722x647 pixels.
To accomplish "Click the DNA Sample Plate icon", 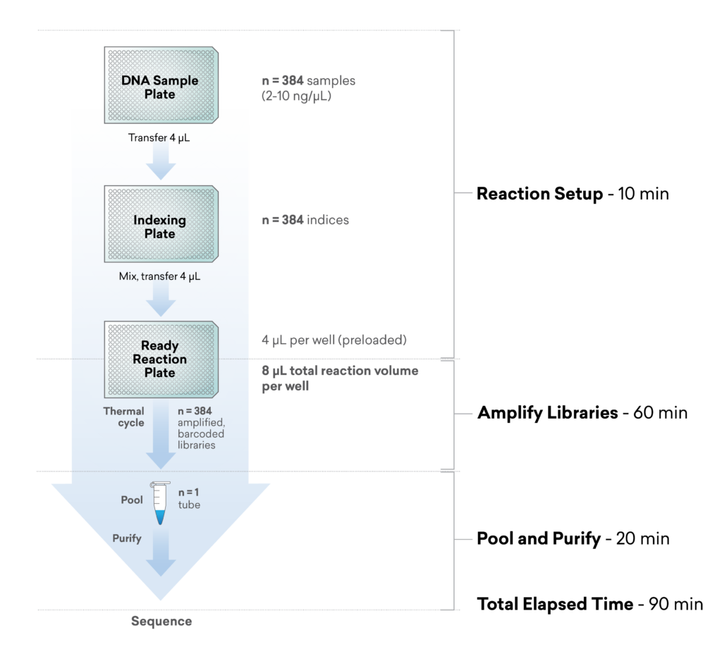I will coord(160,86).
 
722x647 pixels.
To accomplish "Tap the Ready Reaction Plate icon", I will coord(160,359).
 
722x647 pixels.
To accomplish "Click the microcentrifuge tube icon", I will coord(160,503).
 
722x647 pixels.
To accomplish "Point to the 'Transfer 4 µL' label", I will coord(159,138).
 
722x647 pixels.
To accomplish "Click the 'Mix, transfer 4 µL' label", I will coord(159,277).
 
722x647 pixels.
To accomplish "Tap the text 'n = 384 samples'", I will coord(308,80).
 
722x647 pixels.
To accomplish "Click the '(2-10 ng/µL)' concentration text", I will coord(296,95).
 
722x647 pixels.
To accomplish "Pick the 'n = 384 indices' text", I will coord(305,220).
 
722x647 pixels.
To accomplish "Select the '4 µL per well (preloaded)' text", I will coord(334,340).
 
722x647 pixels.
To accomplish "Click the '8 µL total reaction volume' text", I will coord(340,371).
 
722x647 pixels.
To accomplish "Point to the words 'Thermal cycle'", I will coord(124,417).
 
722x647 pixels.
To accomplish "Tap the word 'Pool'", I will coord(132,500).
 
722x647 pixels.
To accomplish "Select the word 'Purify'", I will coord(127,538).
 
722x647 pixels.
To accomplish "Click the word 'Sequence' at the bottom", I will coord(161,621).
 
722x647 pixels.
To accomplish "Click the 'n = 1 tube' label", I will coord(189,498).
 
